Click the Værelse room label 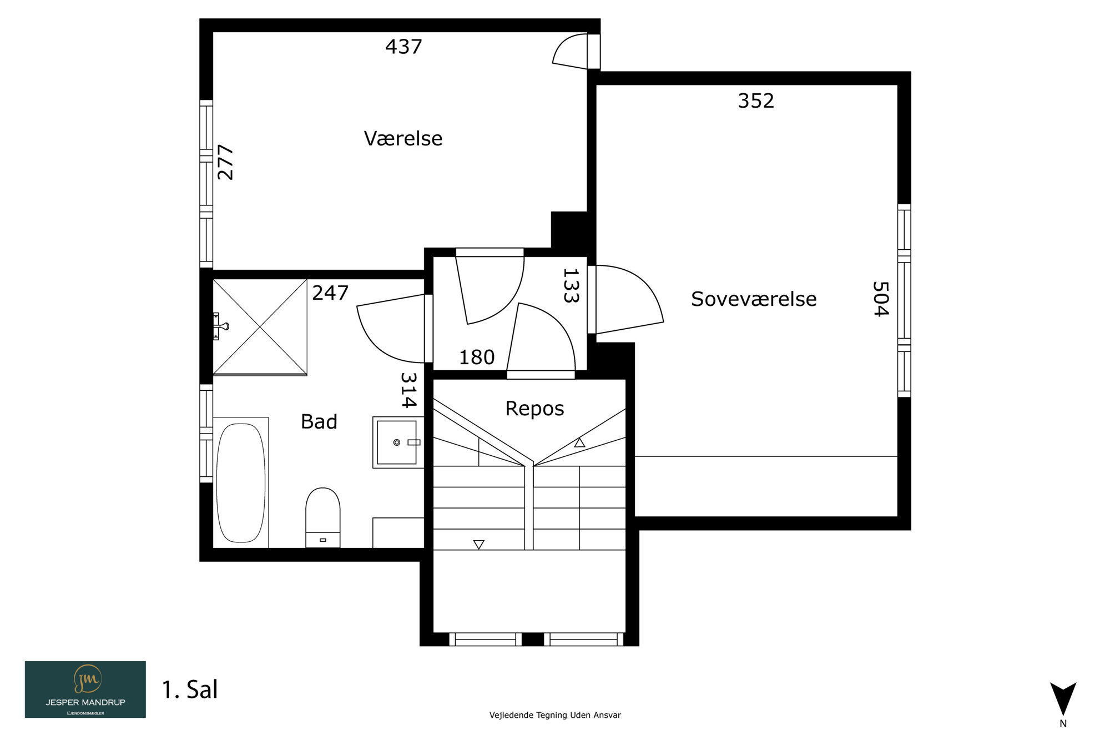pyautogui.click(x=403, y=138)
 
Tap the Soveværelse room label pyautogui.click(x=754, y=299)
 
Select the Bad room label pyautogui.click(x=319, y=422)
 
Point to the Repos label pyautogui.click(x=534, y=409)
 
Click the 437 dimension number pyautogui.click(x=403, y=47)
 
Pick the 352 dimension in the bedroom pyautogui.click(x=756, y=101)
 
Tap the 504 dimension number pyautogui.click(x=881, y=299)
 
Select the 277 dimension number pyautogui.click(x=225, y=162)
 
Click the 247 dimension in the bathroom pyautogui.click(x=330, y=293)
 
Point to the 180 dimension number pyautogui.click(x=477, y=358)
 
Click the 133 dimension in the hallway pyautogui.click(x=571, y=286)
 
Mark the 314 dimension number pyautogui.click(x=408, y=390)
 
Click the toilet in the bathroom pyautogui.click(x=323, y=517)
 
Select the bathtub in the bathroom pyautogui.click(x=241, y=482)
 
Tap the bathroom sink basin pyautogui.click(x=397, y=442)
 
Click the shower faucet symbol pyautogui.click(x=221, y=326)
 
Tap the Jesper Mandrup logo pyautogui.click(x=85, y=689)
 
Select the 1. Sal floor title pyautogui.click(x=190, y=690)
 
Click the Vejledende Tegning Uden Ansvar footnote pyautogui.click(x=555, y=715)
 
